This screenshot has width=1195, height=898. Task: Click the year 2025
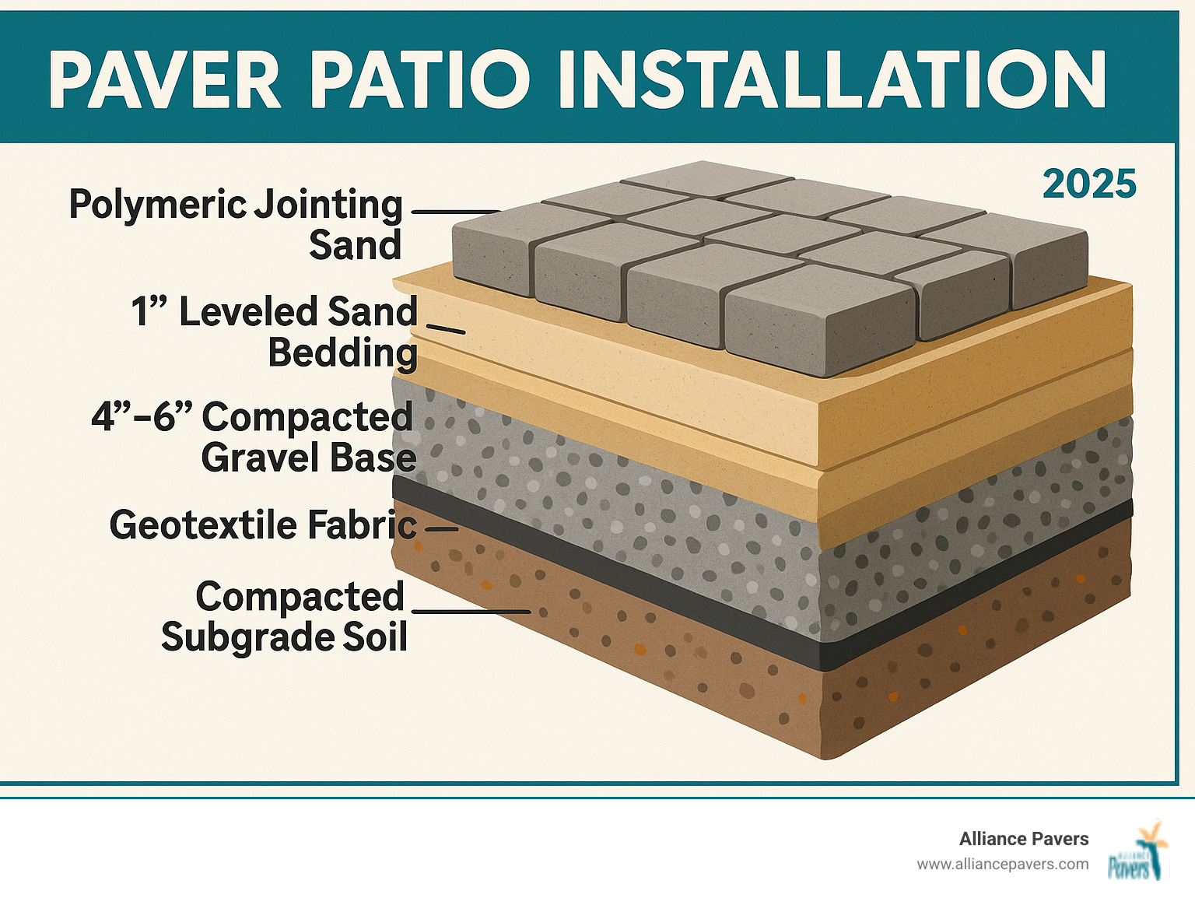pos(1089,184)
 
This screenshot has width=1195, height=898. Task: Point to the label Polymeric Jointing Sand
pos(236,224)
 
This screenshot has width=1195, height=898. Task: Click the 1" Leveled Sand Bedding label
pos(274,331)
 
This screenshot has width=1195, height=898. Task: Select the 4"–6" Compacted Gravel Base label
pos(254,437)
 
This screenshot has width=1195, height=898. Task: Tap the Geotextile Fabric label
pos(263,525)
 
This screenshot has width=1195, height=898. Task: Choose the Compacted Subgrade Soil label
pos(285,617)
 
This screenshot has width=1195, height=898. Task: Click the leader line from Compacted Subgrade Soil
pos(471,611)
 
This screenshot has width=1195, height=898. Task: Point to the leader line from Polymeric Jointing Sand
pos(455,211)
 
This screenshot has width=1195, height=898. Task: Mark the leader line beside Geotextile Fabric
pos(441,529)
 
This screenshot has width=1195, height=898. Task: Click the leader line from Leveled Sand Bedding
pos(446,330)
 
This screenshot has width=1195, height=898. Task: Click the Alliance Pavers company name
pos(1023,839)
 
